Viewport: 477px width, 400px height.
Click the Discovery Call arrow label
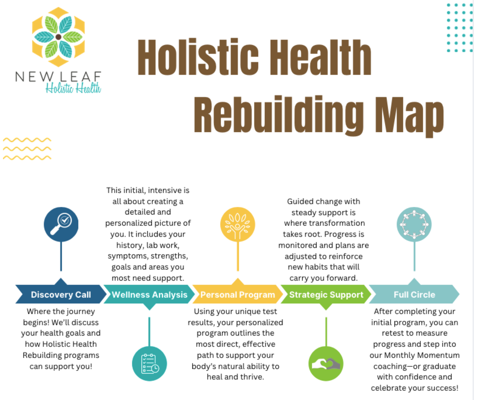click(x=61, y=294)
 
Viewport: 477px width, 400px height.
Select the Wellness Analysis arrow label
click(x=149, y=294)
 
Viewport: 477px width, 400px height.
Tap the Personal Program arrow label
click(x=237, y=294)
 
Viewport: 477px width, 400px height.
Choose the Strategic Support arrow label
click(x=326, y=294)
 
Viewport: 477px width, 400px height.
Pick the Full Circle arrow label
click(x=414, y=294)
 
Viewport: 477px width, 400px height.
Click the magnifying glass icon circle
click(x=61, y=224)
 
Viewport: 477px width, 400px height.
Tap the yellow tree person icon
click(x=237, y=224)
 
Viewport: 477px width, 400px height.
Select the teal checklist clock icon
click(x=149, y=363)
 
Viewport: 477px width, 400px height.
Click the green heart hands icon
click(x=326, y=363)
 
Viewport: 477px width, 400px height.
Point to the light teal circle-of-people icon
click(x=414, y=224)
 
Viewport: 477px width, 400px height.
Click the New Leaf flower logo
click(x=58, y=37)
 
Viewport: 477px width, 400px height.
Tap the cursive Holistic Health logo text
click(x=73, y=88)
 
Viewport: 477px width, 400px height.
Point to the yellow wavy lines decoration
click(x=27, y=149)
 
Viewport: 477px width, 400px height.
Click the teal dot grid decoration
click(x=460, y=28)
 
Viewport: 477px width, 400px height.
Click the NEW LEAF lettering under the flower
click(x=58, y=76)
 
